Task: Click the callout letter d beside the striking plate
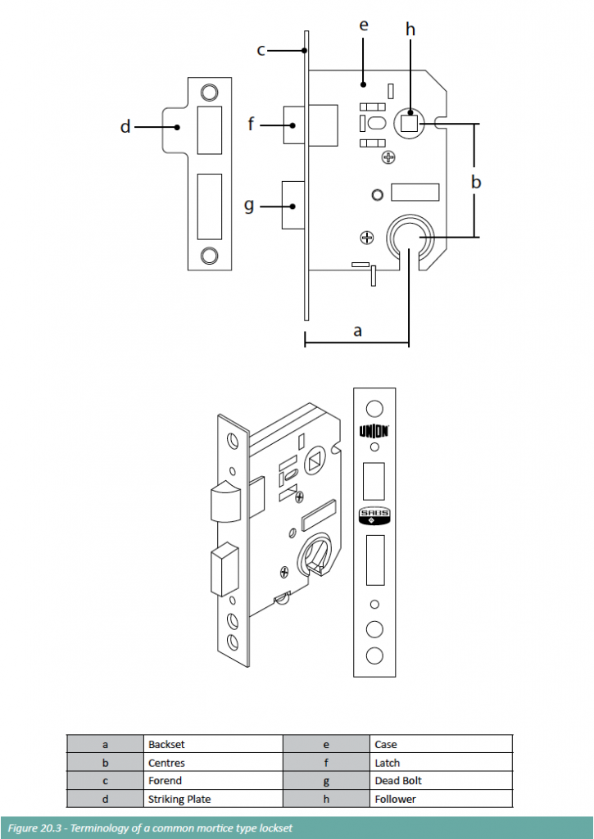(125, 127)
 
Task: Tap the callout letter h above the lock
(410, 29)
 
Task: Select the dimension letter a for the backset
(357, 331)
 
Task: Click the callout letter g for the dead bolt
(249, 206)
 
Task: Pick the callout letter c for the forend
(261, 51)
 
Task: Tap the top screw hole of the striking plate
(209, 92)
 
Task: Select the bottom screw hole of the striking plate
(209, 256)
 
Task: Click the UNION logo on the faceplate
(374, 431)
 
